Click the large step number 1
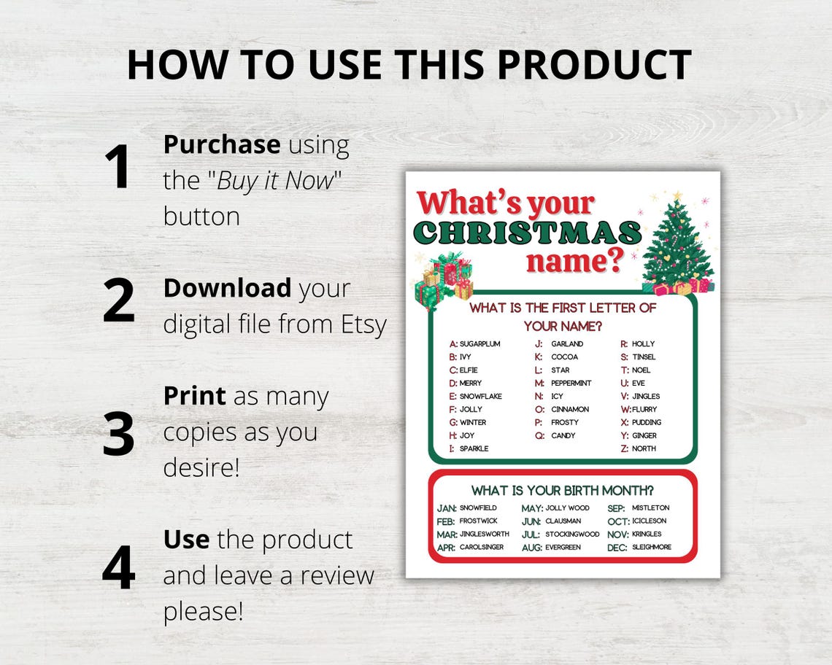pyautogui.click(x=117, y=167)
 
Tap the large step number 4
pyautogui.click(x=118, y=567)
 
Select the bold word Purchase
pyautogui.click(x=221, y=144)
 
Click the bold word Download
pyautogui.click(x=227, y=288)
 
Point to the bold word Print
pyautogui.click(x=194, y=396)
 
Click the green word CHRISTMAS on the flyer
pyautogui.click(x=527, y=233)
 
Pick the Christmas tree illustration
pyautogui.click(x=677, y=243)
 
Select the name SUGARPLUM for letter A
pyautogui.click(x=479, y=343)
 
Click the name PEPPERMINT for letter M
pyautogui.click(x=571, y=383)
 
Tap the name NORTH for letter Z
pyautogui.click(x=644, y=448)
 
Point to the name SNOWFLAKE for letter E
pyautogui.click(x=480, y=396)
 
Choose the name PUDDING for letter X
pyautogui.click(x=647, y=422)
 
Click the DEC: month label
pyautogui.click(x=617, y=548)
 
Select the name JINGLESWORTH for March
pyautogui.click(x=484, y=534)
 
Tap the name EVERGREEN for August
pyautogui.click(x=563, y=548)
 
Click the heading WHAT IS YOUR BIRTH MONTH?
pyautogui.click(x=562, y=490)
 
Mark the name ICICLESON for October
pyautogui.click(x=650, y=521)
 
